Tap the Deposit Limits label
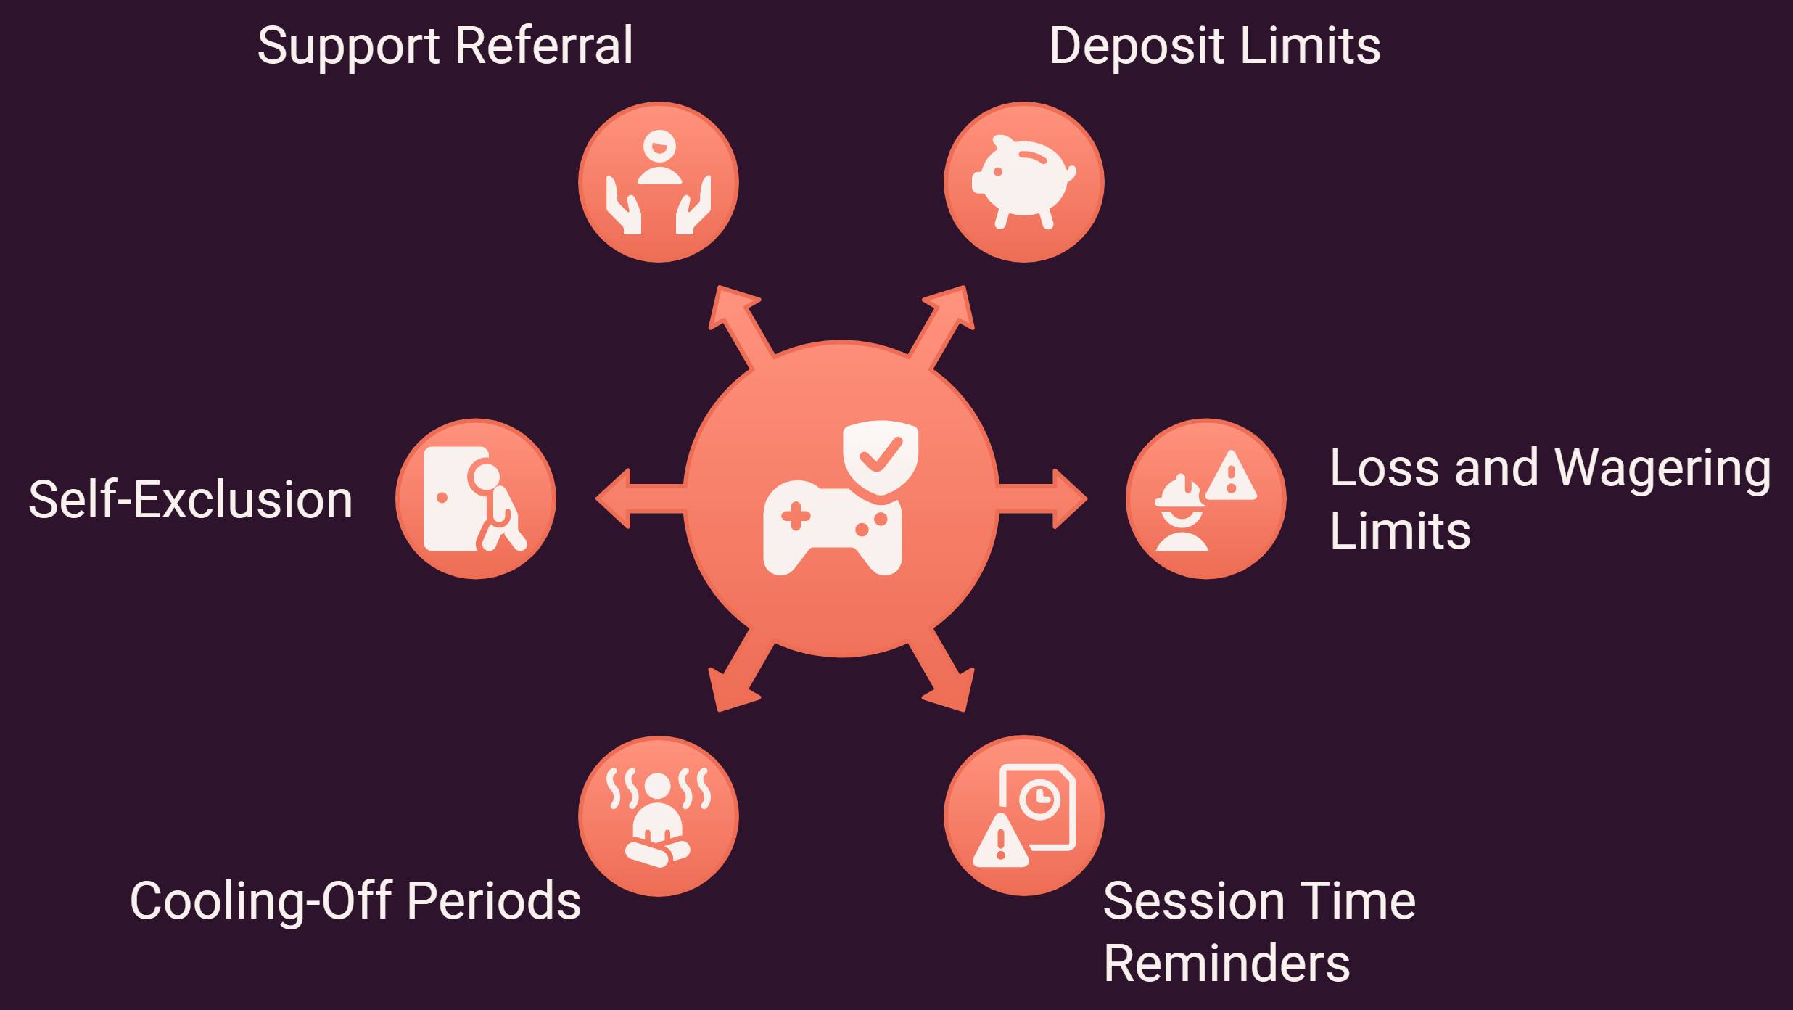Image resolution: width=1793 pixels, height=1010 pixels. [1215, 46]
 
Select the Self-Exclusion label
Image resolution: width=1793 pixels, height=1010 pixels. [191, 499]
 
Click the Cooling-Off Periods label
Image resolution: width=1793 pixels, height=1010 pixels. [355, 901]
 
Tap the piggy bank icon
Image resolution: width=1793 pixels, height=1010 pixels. [1024, 181]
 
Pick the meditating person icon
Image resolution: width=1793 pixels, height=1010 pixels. [659, 817]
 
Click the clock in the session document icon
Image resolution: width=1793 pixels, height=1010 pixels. [1039, 800]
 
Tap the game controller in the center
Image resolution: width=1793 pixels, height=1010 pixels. [832, 527]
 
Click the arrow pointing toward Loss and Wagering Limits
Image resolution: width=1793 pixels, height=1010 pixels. [1043, 498]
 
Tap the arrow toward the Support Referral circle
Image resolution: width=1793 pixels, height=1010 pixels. [741, 327]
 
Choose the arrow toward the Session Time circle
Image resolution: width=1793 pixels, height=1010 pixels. [942, 670]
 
